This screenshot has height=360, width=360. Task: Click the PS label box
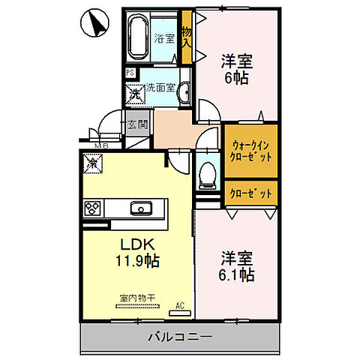coord(130,73)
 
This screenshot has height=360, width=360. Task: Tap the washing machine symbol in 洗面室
coord(137,94)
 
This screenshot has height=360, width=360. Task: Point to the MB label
coord(100,146)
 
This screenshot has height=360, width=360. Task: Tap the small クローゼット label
coord(251,193)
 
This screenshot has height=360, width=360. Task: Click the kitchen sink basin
coord(139,208)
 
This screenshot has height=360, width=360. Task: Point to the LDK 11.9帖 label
coord(136,253)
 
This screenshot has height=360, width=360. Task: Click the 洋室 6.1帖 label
coord(236,266)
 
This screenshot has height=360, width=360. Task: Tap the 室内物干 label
coord(136,298)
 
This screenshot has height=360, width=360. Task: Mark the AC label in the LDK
coord(180,304)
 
